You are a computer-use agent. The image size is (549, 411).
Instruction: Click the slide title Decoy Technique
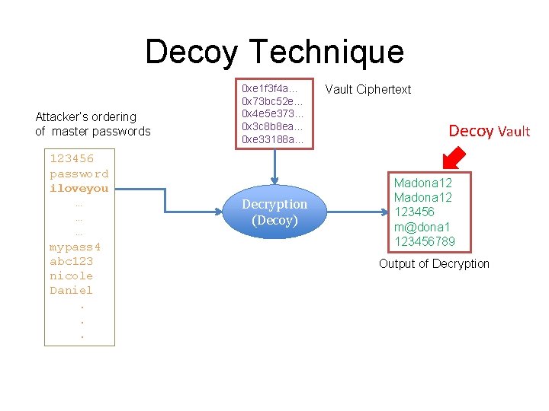pyautogui.click(x=274, y=52)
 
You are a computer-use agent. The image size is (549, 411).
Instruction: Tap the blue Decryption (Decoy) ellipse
pyautogui.click(x=274, y=212)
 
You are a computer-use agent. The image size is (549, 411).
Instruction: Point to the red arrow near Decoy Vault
pyautogui.click(x=455, y=158)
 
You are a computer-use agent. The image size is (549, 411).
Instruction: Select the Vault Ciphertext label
pyautogui.click(x=368, y=89)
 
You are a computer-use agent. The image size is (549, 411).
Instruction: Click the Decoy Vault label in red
pyautogui.click(x=489, y=131)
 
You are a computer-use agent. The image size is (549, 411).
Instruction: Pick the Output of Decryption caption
pyautogui.click(x=434, y=263)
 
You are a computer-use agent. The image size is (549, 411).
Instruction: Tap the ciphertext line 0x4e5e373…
pyautogui.click(x=271, y=113)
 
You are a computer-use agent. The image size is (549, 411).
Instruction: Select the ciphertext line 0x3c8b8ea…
pyautogui.click(x=271, y=126)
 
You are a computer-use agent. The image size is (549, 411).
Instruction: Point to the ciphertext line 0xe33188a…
pyautogui.click(x=271, y=139)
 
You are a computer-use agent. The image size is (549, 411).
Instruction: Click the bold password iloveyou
pyautogui.click(x=79, y=188)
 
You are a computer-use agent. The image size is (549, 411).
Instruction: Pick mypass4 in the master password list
pyautogui.click(x=75, y=247)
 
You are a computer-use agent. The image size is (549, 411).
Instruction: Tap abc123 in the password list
pyautogui.click(x=71, y=261)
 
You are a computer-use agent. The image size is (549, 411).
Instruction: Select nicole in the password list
pyautogui.click(x=71, y=276)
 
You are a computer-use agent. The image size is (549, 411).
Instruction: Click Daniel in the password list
pyautogui.click(x=71, y=290)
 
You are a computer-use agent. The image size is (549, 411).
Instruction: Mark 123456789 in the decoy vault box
pyautogui.click(x=425, y=241)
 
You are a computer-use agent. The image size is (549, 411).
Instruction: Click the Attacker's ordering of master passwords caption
pyautogui.click(x=92, y=124)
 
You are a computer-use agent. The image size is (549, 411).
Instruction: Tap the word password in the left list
pyautogui.click(x=79, y=174)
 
